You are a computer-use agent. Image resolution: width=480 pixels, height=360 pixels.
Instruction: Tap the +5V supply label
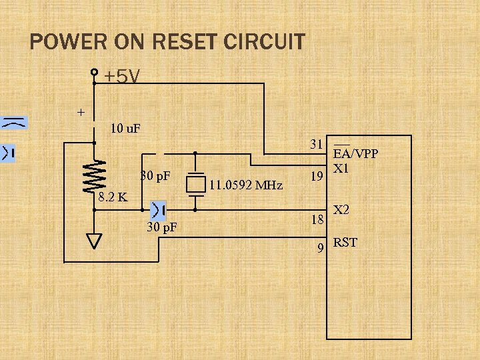121,77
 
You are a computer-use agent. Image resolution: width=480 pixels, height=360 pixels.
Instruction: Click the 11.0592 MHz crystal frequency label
245,184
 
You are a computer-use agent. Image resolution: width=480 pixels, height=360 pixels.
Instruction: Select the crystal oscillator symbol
195,182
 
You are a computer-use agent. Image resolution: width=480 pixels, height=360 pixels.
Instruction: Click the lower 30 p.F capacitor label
162,227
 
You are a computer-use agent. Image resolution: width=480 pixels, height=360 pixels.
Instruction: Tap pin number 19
318,176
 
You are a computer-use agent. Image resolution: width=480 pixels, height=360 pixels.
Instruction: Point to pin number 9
321,248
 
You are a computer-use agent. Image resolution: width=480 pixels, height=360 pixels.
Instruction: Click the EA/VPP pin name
355,154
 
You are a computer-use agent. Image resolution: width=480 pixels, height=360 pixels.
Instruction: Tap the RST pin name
345,242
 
